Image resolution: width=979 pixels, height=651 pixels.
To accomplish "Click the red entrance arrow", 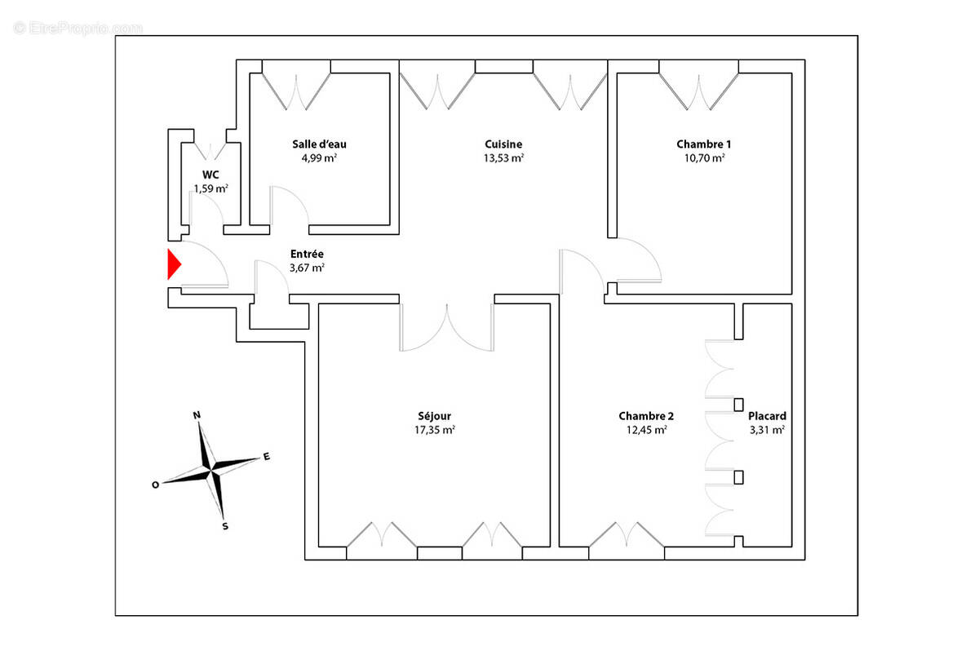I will point(174,264).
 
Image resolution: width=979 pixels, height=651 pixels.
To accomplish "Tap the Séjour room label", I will point(433,415).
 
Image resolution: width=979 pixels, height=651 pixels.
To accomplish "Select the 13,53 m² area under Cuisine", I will point(503,159).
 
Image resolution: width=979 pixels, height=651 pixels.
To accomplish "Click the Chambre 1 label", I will point(703,144).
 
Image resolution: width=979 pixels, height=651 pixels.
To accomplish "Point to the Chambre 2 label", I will point(646,415).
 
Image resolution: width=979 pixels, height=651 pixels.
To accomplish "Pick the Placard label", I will point(767,415).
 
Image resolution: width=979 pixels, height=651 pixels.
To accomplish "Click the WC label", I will point(210,174).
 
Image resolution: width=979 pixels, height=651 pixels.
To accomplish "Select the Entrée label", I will point(307,254).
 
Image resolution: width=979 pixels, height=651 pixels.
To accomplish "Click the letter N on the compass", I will point(197,415).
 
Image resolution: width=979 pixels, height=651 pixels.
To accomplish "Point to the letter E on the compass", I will point(266,456).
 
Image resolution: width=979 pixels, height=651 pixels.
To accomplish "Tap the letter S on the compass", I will point(225,526).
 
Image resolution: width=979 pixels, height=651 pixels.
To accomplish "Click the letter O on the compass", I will point(155,484).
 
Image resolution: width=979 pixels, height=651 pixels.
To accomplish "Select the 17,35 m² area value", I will point(433,430).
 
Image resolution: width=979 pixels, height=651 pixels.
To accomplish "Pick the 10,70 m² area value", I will point(703,159).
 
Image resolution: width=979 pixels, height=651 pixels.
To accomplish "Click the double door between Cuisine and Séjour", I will point(446,326).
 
